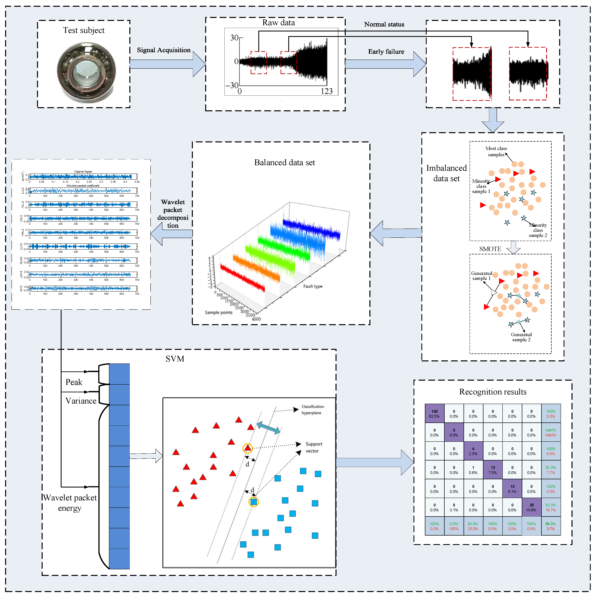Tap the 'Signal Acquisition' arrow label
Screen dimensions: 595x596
[164, 50]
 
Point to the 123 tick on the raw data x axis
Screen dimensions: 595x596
[326, 91]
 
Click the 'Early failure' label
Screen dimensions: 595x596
[386, 52]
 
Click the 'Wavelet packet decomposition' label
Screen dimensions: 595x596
[173, 214]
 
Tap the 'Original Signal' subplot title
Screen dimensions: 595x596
[83, 172]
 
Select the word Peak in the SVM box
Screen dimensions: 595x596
[74, 382]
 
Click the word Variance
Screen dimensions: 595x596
[81, 401]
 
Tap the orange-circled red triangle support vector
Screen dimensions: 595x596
[247, 448]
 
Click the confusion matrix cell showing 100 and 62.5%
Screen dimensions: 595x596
[434, 414]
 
